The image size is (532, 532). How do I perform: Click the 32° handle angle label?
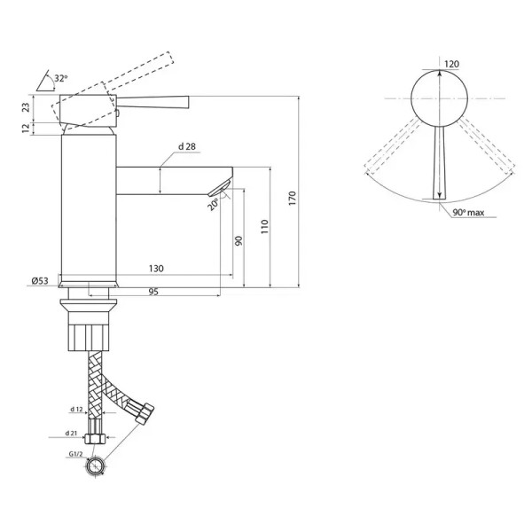[x=61, y=78]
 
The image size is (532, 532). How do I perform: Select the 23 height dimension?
[x=26, y=107]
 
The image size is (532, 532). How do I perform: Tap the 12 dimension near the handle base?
[x=26, y=129]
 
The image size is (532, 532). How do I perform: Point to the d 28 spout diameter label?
[x=187, y=146]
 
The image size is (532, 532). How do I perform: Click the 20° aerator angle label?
[x=213, y=205]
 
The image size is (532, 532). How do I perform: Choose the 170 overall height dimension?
[x=293, y=199]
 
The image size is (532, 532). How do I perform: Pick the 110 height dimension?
[x=264, y=227]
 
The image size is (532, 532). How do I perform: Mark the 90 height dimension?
[x=239, y=241]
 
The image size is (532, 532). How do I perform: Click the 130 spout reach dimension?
[x=156, y=269]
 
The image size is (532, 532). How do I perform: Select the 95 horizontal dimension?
[x=153, y=292]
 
